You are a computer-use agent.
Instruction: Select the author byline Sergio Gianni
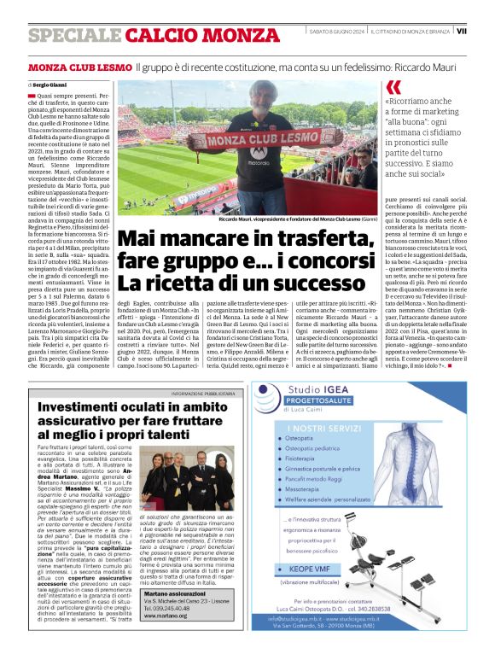coord(50,86)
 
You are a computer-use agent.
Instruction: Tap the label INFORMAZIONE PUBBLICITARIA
coord(202,393)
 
